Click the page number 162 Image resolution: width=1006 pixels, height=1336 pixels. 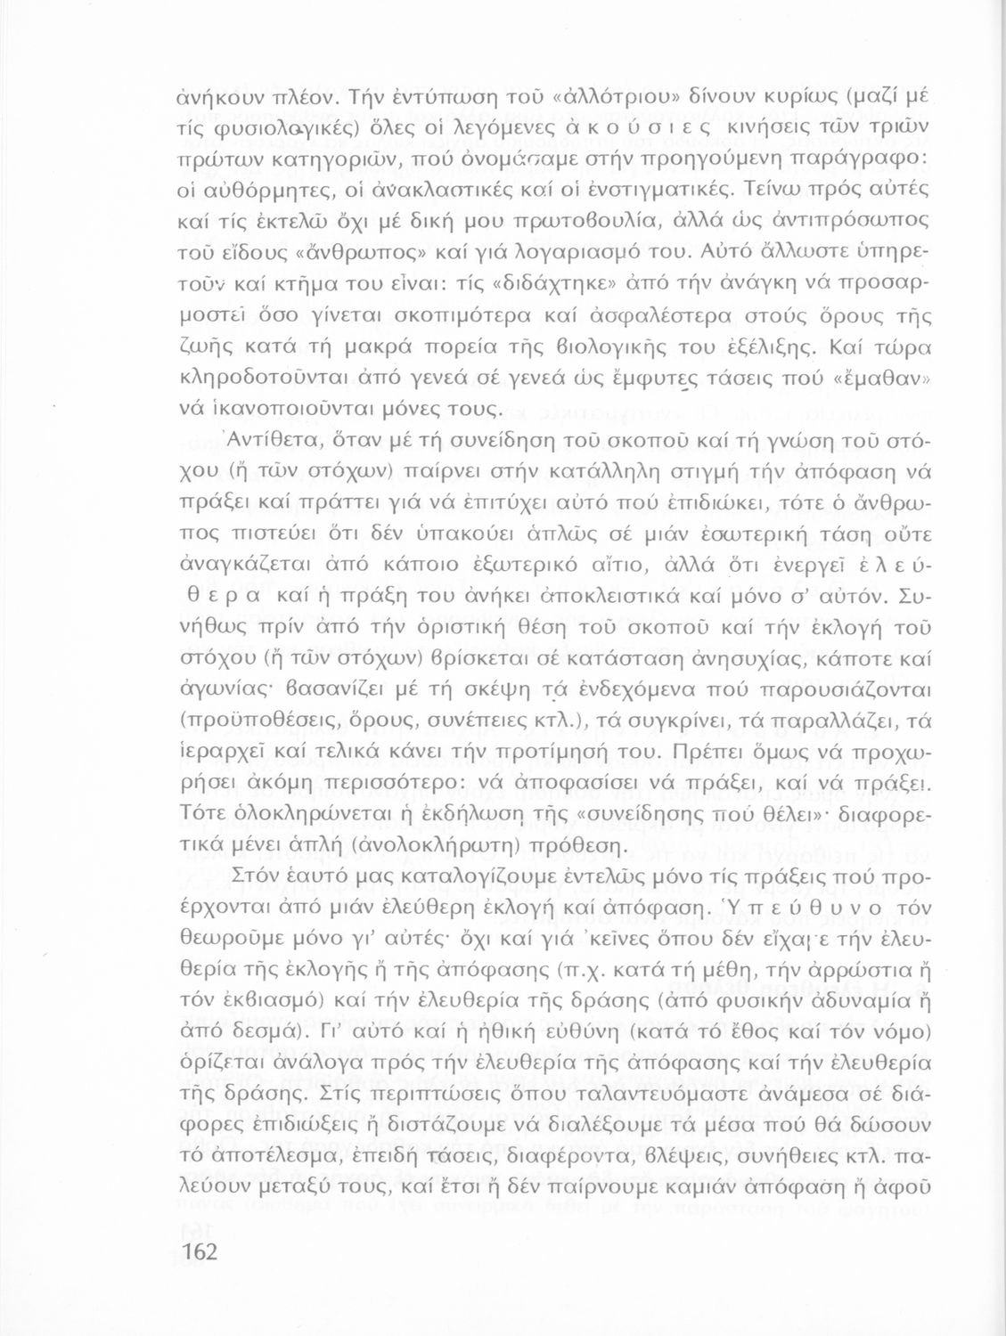(x=192, y=1251)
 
